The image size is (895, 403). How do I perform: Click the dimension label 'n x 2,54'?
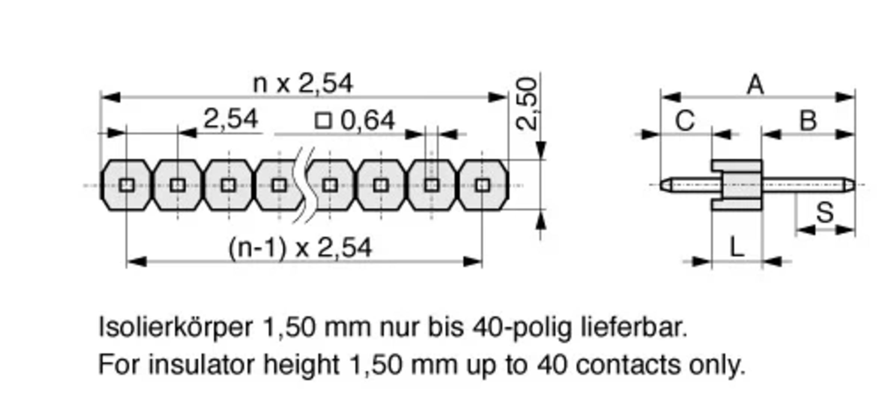302,84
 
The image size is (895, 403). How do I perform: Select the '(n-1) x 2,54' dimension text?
300,248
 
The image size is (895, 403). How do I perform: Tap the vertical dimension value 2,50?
527,104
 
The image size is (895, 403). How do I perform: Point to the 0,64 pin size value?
368,120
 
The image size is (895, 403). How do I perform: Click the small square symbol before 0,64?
323,121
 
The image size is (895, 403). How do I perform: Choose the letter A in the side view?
756,85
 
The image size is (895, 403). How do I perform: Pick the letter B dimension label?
808,121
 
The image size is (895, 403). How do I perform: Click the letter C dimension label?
685,121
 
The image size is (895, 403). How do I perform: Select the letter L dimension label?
737,247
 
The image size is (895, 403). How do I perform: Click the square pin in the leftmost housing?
126,185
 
